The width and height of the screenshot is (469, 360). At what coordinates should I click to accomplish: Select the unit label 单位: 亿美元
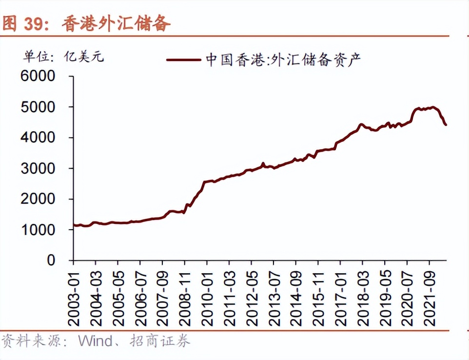(x=63, y=57)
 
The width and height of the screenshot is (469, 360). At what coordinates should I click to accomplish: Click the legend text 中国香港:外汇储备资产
(x=283, y=60)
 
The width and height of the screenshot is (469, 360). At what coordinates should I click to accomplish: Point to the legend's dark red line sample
(x=183, y=60)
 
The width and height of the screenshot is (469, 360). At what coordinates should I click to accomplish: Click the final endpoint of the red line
(x=446, y=125)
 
